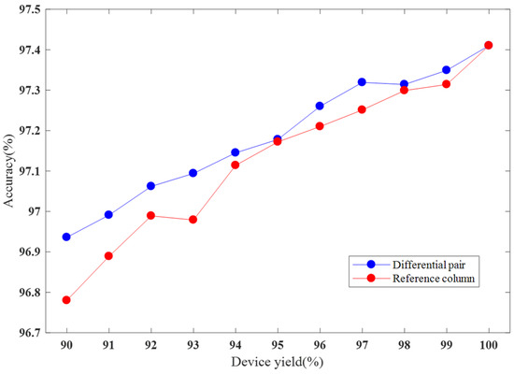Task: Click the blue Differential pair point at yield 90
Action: click(x=65, y=237)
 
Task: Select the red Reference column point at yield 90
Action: click(x=65, y=300)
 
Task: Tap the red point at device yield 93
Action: click(x=193, y=220)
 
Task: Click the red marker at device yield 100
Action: click(x=489, y=45)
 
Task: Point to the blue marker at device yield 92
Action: click(x=150, y=186)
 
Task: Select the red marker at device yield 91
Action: click(x=108, y=255)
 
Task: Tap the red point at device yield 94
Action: click(x=235, y=165)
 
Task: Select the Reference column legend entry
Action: click(x=421, y=280)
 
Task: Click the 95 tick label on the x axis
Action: click(x=277, y=345)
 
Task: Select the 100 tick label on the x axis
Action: click(x=488, y=345)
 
